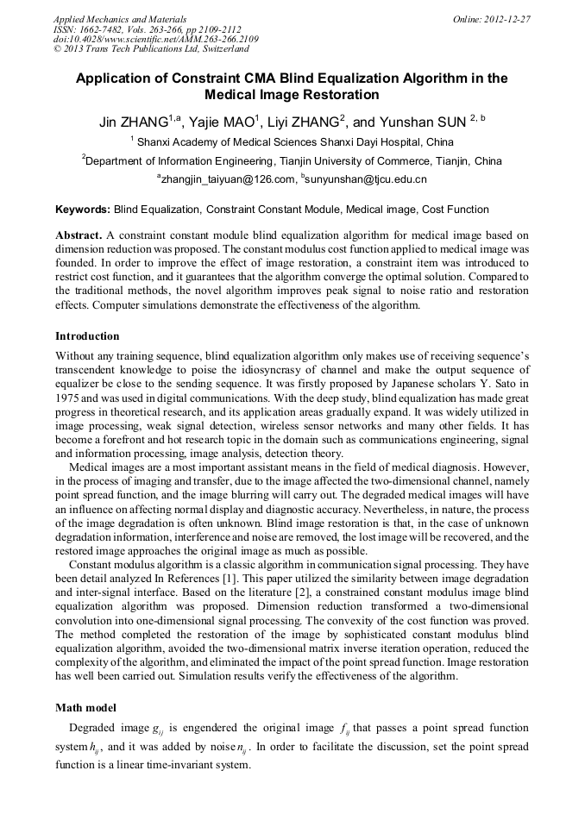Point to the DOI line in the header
[x=155, y=39]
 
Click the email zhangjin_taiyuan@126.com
[x=226, y=179]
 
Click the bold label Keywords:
[x=83, y=210]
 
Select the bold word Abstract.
[x=79, y=235]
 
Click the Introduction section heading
[x=87, y=335]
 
